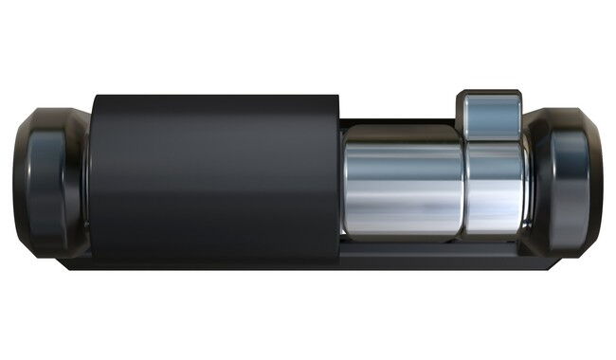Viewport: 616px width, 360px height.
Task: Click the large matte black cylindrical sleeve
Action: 213,175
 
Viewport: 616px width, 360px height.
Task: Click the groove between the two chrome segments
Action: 465,185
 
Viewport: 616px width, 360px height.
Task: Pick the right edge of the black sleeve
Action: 338,180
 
